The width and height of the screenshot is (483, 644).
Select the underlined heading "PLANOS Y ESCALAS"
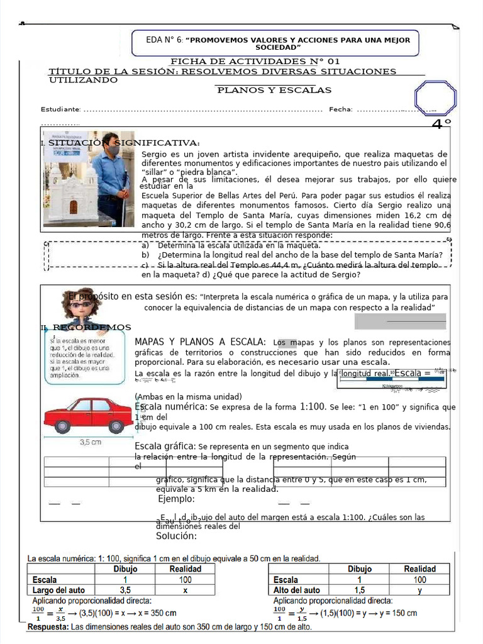(x=274, y=91)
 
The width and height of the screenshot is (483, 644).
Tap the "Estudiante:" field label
(x=60, y=110)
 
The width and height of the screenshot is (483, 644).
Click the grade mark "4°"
(x=441, y=125)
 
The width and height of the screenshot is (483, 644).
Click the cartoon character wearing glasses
(x=82, y=306)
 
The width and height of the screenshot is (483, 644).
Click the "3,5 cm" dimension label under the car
(x=91, y=442)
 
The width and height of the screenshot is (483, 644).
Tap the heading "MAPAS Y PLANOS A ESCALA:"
(x=200, y=342)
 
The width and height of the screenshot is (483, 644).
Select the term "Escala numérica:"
(x=170, y=407)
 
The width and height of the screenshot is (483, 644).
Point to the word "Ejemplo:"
(x=177, y=499)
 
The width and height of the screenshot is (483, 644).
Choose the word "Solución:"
(x=177, y=536)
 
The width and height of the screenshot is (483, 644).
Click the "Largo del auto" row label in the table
(x=58, y=591)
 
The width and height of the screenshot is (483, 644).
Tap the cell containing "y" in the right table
(x=419, y=591)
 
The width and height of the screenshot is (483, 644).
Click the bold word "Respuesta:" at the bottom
(x=48, y=627)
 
